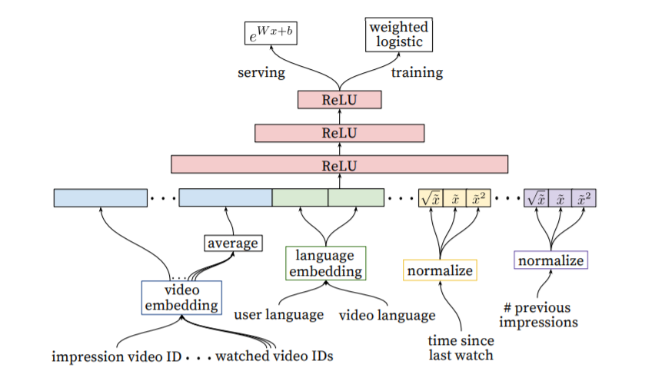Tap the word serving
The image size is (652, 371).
261,73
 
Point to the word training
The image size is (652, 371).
417,73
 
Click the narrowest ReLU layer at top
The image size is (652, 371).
339,100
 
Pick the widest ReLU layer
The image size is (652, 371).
339,164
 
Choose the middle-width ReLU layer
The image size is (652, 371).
339,133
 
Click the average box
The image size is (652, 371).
232,243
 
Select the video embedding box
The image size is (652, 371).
181,296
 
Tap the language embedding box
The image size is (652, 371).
325,263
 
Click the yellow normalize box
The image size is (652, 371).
440,270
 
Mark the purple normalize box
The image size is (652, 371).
551,260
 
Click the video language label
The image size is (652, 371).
387,315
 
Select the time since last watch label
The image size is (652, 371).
461,346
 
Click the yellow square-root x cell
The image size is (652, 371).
430,197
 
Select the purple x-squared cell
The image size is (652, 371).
584,197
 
